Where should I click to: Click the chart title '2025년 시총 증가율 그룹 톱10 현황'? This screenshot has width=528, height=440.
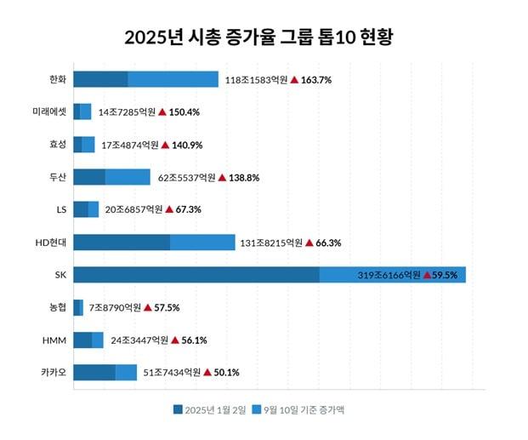pyautogui.click(x=264, y=38)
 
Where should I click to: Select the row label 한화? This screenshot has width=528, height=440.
pyautogui.click(x=58, y=79)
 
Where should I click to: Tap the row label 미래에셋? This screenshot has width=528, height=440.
pyautogui.click(x=49, y=111)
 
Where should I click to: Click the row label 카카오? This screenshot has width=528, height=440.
pyautogui.click(x=54, y=372)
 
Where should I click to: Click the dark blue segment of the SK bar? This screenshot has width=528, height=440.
pyautogui.click(x=196, y=275)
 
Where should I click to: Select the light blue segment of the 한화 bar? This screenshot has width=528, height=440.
pyautogui.click(x=173, y=79)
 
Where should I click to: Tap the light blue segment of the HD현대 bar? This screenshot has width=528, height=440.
pyautogui.click(x=202, y=243)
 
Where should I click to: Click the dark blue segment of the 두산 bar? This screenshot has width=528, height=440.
pyautogui.click(x=89, y=177)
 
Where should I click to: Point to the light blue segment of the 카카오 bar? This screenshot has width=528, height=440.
pyautogui.click(x=126, y=372)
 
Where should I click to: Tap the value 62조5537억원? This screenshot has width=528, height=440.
pyautogui.click(x=186, y=178)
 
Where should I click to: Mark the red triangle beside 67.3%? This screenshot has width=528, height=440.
pyautogui.click(x=168, y=209)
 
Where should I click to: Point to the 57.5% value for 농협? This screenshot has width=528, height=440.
pyautogui.click(x=167, y=308)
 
